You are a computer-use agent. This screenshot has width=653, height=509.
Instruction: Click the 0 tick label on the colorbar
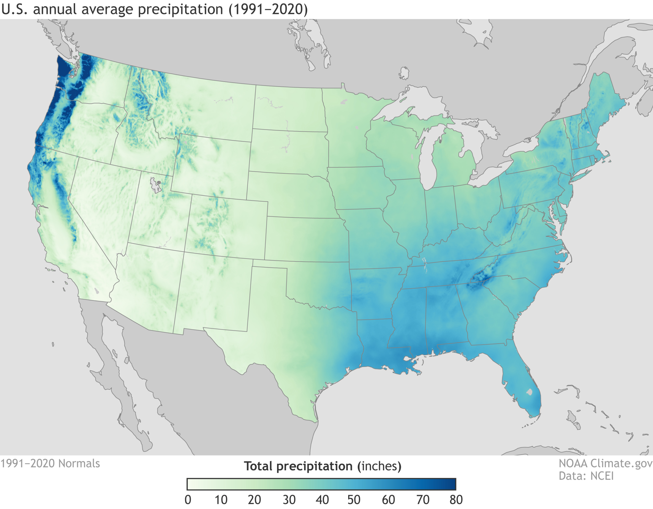(x=188, y=500)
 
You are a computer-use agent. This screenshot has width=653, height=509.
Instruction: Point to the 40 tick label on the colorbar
(x=322, y=500)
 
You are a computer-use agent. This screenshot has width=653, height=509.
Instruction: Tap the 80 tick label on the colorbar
(x=456, y=500)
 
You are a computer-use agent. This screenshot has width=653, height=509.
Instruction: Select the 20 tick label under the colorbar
(x=255, y=500)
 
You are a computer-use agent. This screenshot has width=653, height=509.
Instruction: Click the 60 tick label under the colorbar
(x=388, y=500)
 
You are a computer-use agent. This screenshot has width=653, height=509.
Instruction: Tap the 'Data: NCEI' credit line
(x=586, y=476)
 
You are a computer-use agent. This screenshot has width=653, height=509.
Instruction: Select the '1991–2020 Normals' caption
(x=50, y=464)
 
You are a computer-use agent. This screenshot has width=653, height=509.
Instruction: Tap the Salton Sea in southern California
(x=96, y=290)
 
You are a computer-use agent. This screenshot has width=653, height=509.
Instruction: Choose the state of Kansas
(x=305, y=239)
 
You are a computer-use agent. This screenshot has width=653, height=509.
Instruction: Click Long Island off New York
(x=582, y=177)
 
